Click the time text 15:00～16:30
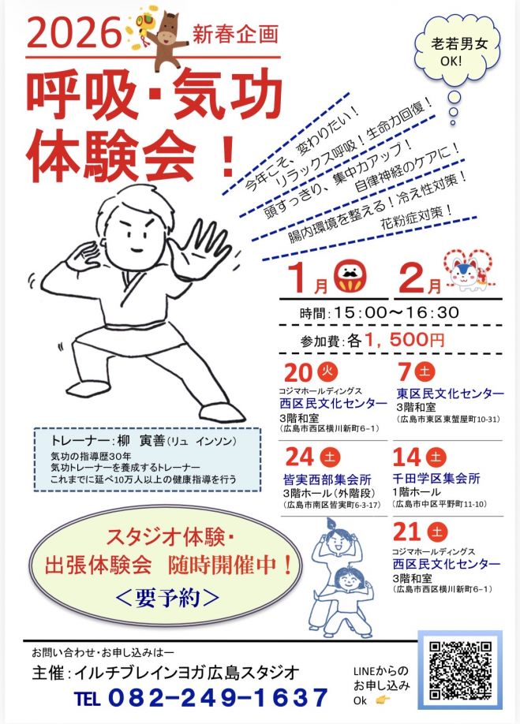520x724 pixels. tap(395, 312)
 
